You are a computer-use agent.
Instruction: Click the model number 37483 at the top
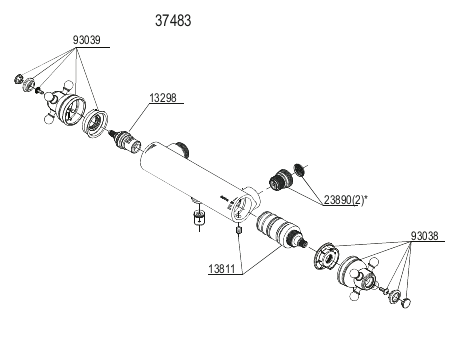click(x=173, y=21)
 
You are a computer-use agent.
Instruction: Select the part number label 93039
click(x=86, y=40)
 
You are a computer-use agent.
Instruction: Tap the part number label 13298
click(x=163, y=98)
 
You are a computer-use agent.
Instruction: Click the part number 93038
click(x=424, y=236)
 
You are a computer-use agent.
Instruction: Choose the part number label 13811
click(x=222, y=269)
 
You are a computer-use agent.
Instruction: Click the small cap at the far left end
click(x=19, y=79)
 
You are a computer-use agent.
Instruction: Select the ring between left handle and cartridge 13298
click(x=96, y=123)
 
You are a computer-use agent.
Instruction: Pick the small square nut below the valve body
click(x=239, y=230)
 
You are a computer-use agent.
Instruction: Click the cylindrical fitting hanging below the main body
click(x=199, y=217)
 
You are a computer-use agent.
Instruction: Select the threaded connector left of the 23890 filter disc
click(x=280, y=180)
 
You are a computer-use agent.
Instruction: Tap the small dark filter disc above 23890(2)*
click(x=300, y=170)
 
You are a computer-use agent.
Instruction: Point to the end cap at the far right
click(x=406, y=302)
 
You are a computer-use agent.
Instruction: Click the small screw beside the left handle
click(x=39, y=90)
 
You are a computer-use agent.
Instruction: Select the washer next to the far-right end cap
click(x=395, y=296)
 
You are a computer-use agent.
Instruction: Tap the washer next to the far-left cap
click(x=29, y=84)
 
